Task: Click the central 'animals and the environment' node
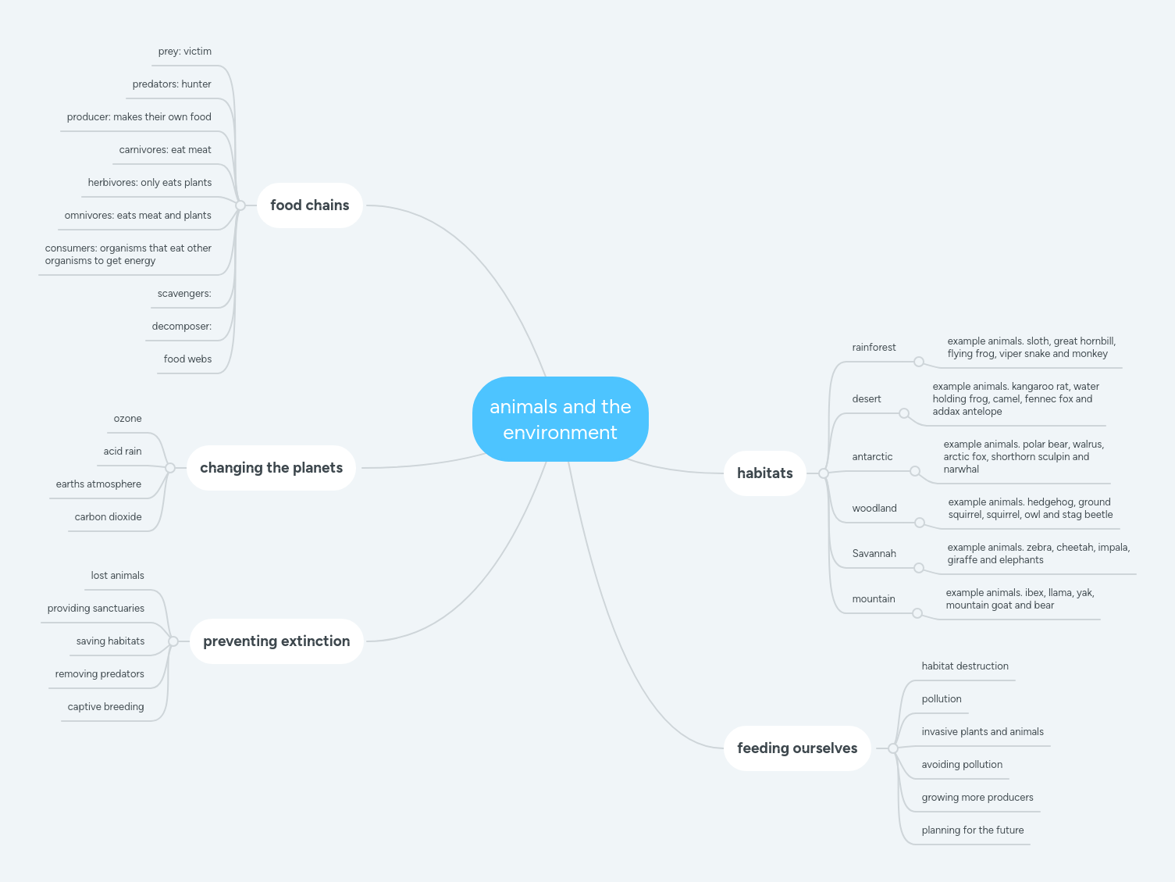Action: point(560,420)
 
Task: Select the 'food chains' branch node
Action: point(309,205)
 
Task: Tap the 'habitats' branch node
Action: point(764,473)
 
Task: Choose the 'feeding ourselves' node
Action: point(796,748)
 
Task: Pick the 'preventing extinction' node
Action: point(276,641)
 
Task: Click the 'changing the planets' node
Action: point(271,468)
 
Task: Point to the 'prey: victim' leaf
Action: point(184,52)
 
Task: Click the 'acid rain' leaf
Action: point(123,452)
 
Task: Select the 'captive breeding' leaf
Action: point(105,707)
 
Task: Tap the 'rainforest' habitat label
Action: point(874,348)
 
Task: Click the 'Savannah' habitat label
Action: point(874,554)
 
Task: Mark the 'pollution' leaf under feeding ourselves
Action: point(941,699)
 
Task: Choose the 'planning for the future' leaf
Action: point(972,830)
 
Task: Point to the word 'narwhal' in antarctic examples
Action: point(961,470)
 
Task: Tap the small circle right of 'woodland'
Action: point(920,523)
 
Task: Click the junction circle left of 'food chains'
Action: point(240,205)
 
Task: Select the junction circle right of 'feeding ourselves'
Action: point(893,748)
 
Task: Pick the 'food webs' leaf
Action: point(187,359)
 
